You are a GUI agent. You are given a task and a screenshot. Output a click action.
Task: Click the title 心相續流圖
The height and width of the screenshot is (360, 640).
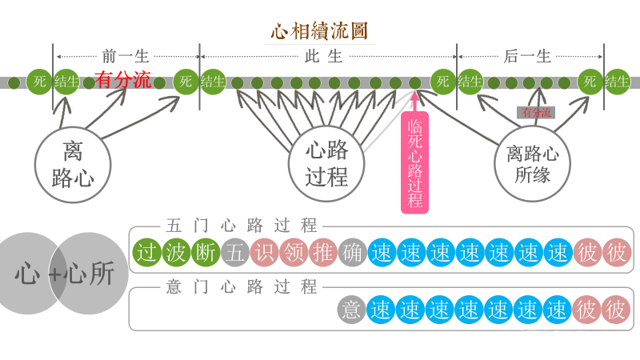[x=320, y=32]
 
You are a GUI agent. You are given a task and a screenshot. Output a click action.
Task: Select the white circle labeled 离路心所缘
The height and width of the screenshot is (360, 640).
[x=532, y=163]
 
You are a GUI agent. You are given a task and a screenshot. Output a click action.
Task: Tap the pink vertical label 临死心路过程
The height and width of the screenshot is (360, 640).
[x=414, y=164]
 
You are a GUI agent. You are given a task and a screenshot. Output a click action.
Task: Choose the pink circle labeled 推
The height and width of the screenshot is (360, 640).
[x=322, y=253]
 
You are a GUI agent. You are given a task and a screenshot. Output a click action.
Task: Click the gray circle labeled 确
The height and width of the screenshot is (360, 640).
[x=352, y=253]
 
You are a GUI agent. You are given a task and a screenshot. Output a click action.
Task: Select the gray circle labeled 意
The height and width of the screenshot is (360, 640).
[x=352, y=310]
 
